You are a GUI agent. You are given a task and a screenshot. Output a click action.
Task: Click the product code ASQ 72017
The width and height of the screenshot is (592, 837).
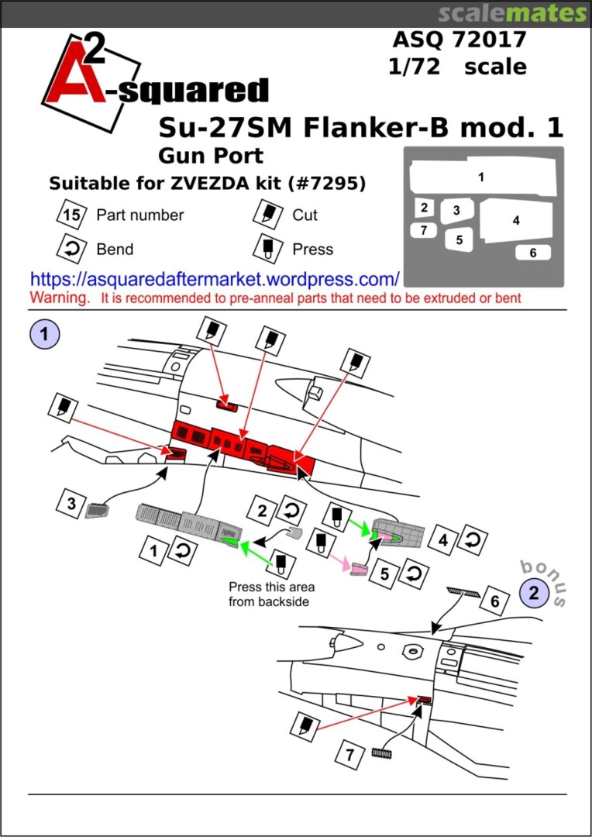coord(459,39)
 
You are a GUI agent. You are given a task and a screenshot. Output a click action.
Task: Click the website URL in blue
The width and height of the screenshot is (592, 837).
coord(215,279)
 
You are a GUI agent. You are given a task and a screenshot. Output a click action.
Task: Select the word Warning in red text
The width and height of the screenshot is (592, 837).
coord(59,298)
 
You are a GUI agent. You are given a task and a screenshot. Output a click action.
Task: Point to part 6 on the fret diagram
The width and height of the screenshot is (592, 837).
coord(532,253)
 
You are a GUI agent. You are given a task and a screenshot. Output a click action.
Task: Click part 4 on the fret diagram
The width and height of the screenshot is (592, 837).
coord(516,221)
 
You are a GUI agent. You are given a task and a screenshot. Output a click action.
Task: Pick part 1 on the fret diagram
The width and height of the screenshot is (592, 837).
coord(481,177)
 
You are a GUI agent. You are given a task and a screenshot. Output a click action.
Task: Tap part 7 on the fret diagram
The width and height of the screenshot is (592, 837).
coord(423,230)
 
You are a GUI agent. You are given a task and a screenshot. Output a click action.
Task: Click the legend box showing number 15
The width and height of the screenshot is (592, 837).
coord(71,215)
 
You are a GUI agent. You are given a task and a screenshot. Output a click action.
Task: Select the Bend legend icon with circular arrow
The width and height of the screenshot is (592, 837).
coord(71,249)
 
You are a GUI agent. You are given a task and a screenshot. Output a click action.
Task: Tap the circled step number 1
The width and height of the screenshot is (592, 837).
coord(45,335)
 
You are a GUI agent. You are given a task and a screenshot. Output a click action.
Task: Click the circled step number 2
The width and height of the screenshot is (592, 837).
coord(533,593)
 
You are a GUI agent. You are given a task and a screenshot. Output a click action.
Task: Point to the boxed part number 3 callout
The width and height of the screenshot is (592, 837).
coord(71,505)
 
